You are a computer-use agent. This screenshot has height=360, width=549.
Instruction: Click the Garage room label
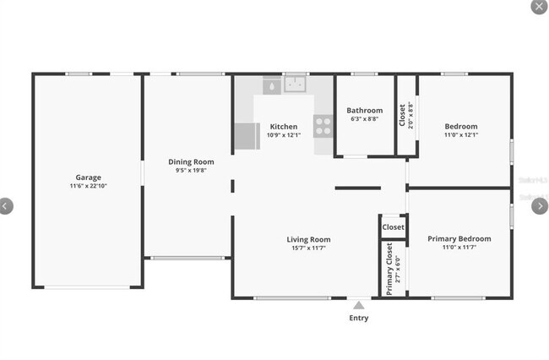pos(88,177)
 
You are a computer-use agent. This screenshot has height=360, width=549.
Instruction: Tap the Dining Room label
pos(190,161)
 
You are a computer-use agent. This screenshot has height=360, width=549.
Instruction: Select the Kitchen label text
pos(283,127)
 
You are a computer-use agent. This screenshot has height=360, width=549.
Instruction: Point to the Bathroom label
pos(365,111)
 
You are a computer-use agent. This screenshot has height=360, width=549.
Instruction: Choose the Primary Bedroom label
pos(459,239)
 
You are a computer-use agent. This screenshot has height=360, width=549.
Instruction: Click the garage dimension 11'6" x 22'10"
pos(88,186)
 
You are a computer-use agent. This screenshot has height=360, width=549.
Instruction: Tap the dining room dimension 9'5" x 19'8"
pos(190,170)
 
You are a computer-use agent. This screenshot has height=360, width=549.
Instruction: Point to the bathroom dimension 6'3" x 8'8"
pos(365,119)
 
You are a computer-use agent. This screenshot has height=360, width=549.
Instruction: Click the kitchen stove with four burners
pos(323,126)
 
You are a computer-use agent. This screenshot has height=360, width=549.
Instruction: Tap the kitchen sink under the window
pos(295,84)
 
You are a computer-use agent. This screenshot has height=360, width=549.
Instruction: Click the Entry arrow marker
pos(358,305)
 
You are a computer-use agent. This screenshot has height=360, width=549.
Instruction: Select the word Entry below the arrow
pos(358,319)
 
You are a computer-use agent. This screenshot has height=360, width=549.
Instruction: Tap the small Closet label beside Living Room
pos(393,227)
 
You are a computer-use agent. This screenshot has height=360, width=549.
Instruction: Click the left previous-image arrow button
pos(7,205)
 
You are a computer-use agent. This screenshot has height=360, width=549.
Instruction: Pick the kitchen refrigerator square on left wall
pos(246,136)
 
